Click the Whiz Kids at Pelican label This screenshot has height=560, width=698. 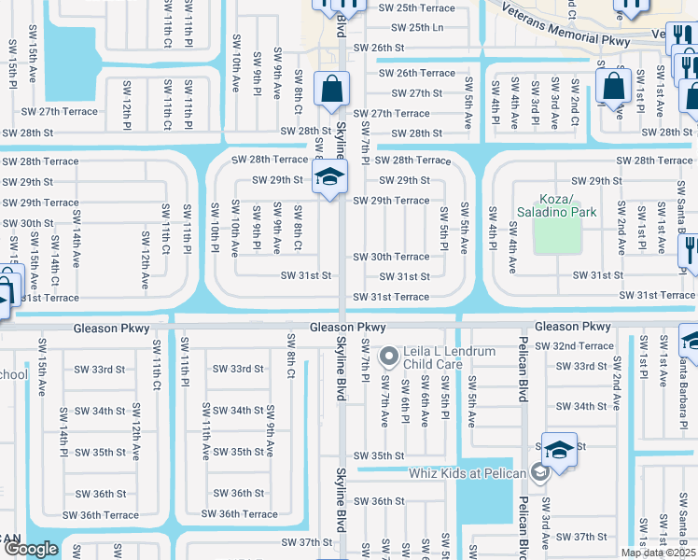tap(468, 472)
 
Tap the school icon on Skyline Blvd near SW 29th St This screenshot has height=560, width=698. tap(329, 176)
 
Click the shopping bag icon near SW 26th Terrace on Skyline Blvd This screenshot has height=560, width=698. tap(331, 90)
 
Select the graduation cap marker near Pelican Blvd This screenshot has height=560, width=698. tap(558, 450)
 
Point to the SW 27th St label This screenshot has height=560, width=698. tap(416, 93)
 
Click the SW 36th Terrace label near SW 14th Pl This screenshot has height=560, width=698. tap(101, 515)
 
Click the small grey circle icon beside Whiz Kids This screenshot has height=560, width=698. tap(538, 472)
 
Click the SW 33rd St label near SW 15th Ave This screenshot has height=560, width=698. tap(100, 369)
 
